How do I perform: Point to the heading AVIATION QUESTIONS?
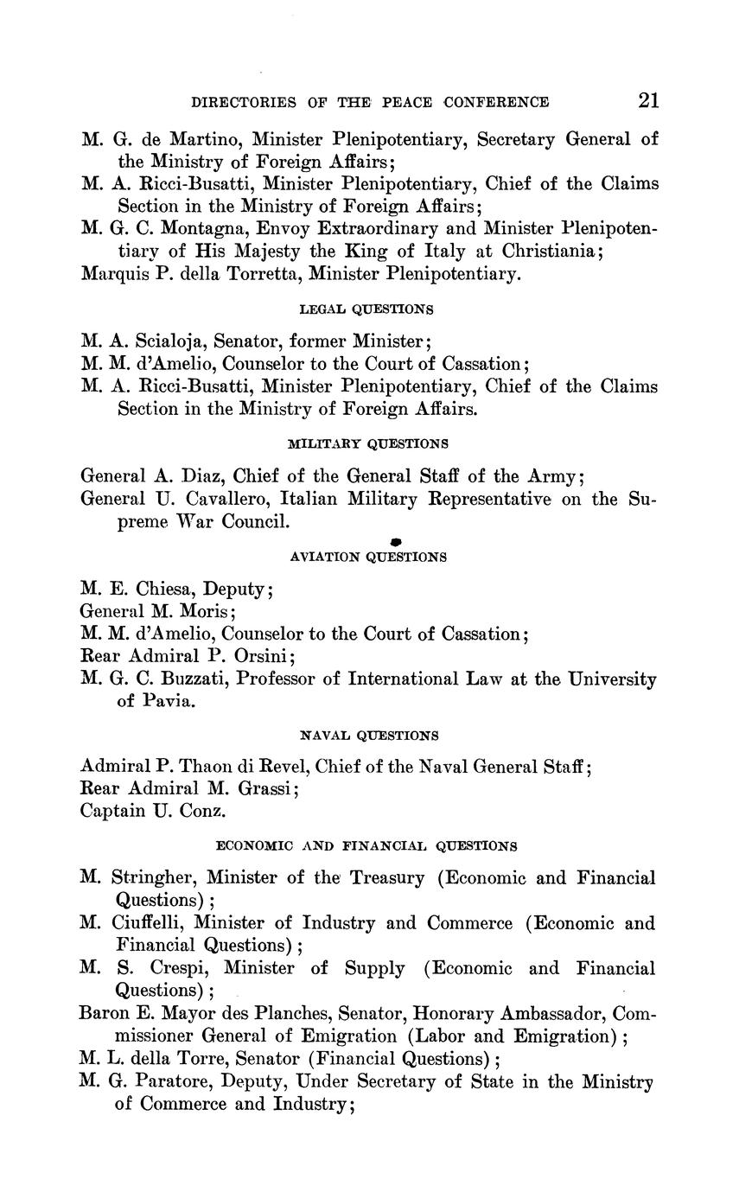click(x=368, y=558)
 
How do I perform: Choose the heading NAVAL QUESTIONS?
click(x=369, y=736)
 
